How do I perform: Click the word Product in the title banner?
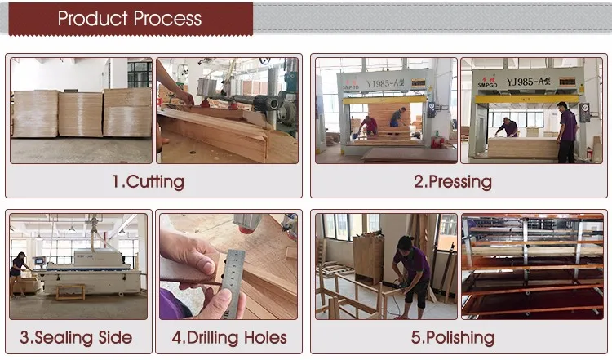point(92,18)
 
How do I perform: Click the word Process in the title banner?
point(168,18)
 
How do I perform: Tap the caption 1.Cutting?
point(149,182)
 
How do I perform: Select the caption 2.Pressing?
point(453,182)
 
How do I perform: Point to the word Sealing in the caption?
point(64,338)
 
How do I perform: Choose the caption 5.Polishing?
point(453,338)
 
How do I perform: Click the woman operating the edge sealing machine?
point(18,274)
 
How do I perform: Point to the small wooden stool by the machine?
point(71,291)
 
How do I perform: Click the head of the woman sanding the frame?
point(405,243)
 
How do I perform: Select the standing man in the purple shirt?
point(567,132)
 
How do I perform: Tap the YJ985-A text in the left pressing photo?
point(385,83)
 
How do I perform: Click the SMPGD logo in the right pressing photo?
point(487,82)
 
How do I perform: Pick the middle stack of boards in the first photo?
point(81,114)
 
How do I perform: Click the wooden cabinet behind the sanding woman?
point(368,258)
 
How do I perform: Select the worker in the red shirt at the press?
point(368,126)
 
